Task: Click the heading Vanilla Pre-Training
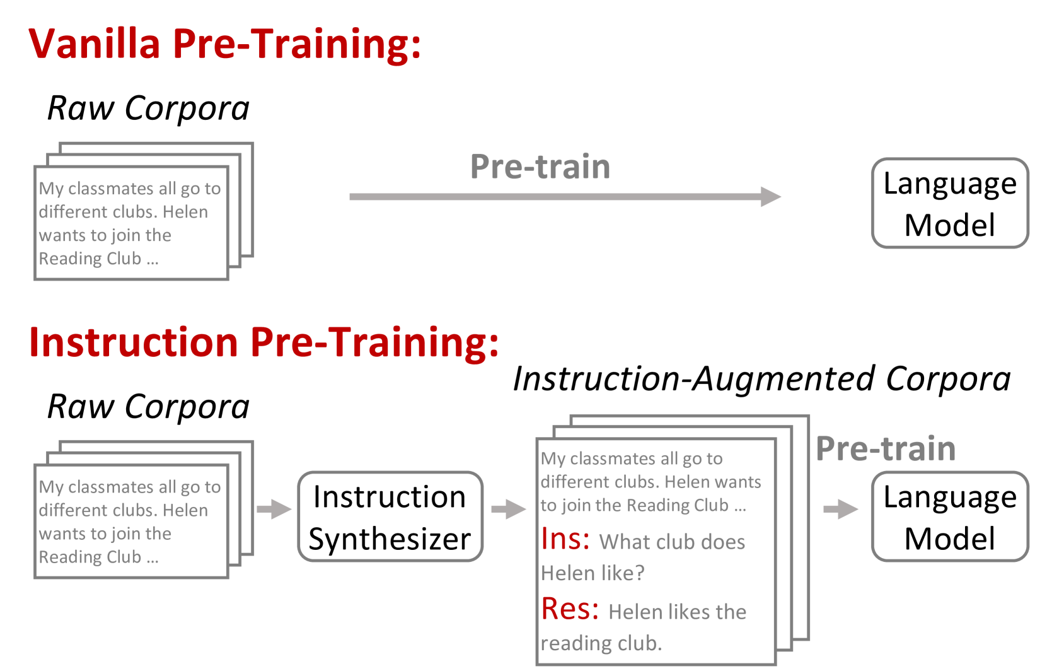pyautogui.click(x=224, y=44)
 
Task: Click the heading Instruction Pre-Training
pyautogui.click(x=263, y=342)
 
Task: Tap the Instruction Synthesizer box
pyautogui.click(x=390, y=516)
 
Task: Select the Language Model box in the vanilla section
pyautogui.click(x=949, y=203)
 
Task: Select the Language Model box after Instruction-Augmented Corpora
pyautogui.click(x=949, y=516)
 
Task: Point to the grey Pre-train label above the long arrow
pyautogui.click(x=540, y=166)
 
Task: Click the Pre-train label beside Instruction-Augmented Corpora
pyautogui.click(x=885, y=448)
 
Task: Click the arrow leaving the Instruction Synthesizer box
pyautogui.click(x=508, y=508)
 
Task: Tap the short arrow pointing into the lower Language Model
pyautogui.click(x=840, y=508)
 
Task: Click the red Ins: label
pyautogui.click(x=565, y=539)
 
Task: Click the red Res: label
pyautogui.click(x=570, y=609)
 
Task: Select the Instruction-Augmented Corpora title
pyautogui.click(x=761, y=379)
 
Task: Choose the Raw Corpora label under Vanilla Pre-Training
pyautogui.click(x=148, y=108)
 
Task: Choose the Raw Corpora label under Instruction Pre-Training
pyautogui.click(x=148, y=406)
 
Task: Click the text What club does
pyautogui.click(x=672, y=542)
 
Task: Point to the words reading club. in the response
pyautogui.click(x=601, y=643)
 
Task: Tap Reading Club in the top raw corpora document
pyautogui.click(x=90, y=259)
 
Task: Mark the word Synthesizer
pyautogui.click(x=390, y=539)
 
